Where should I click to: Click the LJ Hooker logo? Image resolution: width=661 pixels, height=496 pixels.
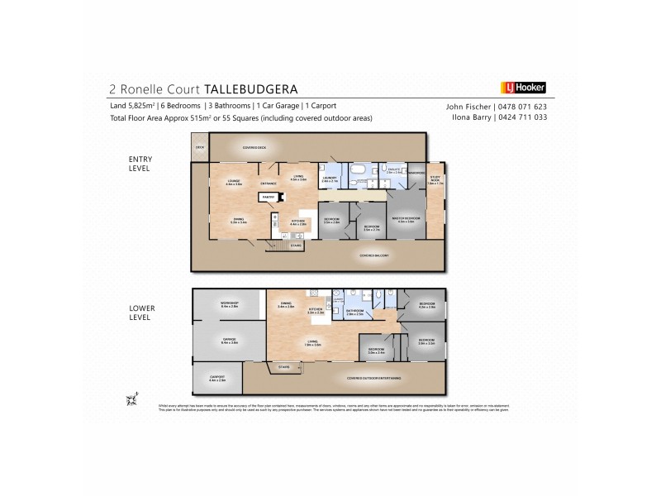pyautogui.click(x=523, y=87)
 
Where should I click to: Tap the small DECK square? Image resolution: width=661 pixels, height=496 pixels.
pyautogui.click(x=199, y=149)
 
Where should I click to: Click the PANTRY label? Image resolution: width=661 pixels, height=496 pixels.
pyautogui.click(x=268, y=197)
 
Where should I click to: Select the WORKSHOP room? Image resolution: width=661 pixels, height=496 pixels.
pyautogui.click(x=229, y=305)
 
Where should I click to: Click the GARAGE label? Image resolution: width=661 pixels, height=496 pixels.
pyautogui.click(x=229, y=340)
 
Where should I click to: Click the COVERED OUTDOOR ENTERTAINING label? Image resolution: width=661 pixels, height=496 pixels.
pyautogui.click(x=374, y=378)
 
